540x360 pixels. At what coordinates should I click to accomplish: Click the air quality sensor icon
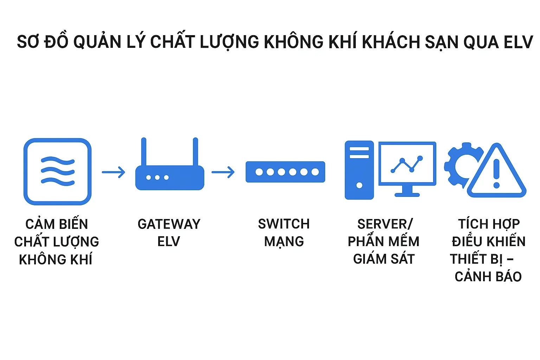[x=57, y=172]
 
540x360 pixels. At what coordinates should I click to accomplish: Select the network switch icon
[x=285, y=172]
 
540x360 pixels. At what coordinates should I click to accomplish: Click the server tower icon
[x=359, y=170]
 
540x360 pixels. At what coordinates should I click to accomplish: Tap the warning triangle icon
[x=496, y=172]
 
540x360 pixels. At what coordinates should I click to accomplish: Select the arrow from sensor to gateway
[x=114, y=172]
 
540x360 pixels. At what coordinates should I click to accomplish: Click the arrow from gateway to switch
[x=223, y=172]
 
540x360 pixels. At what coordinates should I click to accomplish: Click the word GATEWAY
[x=169, y=224]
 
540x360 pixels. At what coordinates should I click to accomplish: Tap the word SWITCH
[x=284, y=224]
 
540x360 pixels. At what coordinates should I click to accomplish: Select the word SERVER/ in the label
[x=385, y=224]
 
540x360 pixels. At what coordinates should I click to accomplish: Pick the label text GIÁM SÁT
[x=384, y=259]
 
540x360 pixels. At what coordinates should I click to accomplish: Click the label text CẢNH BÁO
[x=488, y=277]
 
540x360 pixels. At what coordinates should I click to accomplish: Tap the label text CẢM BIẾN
[x=57, y=224]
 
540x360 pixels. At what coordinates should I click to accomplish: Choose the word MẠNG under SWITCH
[x=284, y=242]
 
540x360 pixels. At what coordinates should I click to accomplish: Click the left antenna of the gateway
[x=143, y=152]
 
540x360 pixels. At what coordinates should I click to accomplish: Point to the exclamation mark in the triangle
[x=496, y=173]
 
